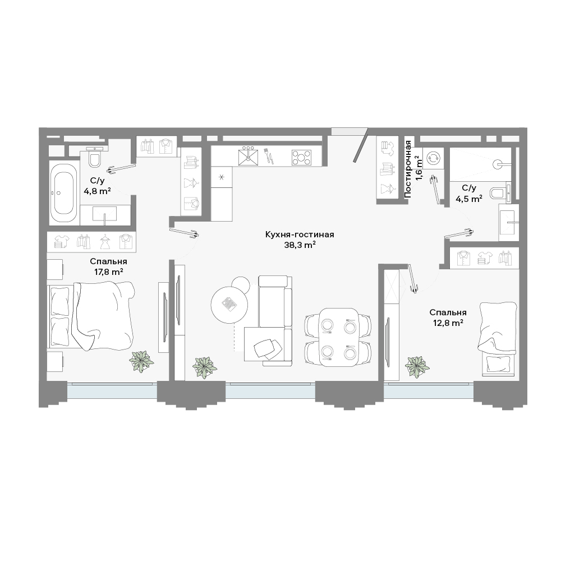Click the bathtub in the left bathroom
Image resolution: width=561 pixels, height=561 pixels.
pos(63,194)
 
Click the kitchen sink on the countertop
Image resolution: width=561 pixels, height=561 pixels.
pos(248,156)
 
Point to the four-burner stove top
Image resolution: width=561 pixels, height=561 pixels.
pos(301,157)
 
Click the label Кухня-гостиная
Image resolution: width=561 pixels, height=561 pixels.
pos(300,234)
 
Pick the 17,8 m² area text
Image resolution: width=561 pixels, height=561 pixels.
pos(109,272)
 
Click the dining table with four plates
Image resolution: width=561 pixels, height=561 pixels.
pos(338,337)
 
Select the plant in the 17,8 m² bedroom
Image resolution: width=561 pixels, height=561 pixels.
pos(142,362)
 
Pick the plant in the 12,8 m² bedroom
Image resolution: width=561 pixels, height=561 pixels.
pos(417,367)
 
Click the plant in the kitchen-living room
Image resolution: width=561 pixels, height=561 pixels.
pos(205,367)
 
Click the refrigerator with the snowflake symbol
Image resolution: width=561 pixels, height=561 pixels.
pos(222,177)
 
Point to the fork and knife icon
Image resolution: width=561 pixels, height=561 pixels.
pos(268,157)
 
